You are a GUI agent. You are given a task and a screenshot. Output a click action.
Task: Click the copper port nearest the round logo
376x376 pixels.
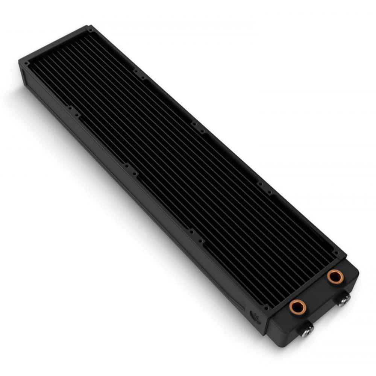point(297,307)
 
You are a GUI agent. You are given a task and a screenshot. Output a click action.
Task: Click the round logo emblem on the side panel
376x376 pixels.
point(253,314)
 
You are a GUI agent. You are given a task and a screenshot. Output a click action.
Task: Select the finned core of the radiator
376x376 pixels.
point(180,150)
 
